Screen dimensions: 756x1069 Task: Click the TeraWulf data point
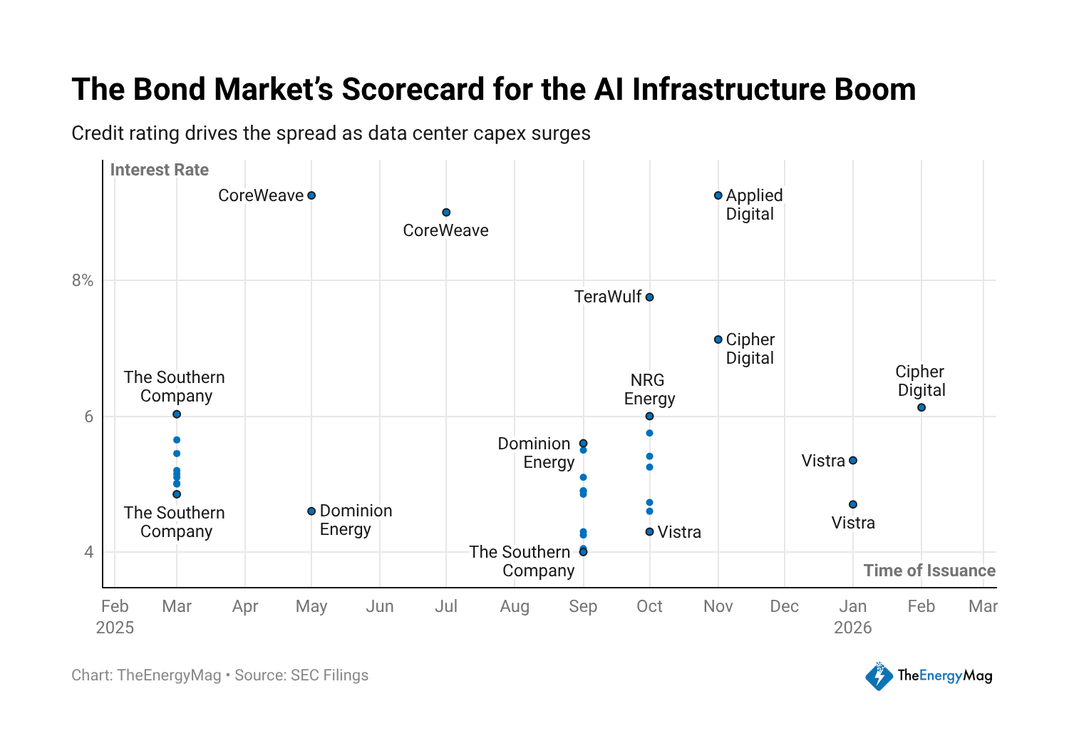coord(649,297)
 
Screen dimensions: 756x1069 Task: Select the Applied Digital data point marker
coord(718,195)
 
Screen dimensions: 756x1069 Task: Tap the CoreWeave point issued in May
coord(311,195)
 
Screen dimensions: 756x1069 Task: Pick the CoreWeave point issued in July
coord(446,213)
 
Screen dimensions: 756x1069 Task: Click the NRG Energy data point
coord(649,417)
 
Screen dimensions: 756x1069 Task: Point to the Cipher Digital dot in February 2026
coord(921,407)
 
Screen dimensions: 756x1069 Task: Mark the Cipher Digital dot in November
coord(718,339)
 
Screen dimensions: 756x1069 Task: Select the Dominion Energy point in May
coord(311,511)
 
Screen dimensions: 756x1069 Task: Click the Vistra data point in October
coord(649,532)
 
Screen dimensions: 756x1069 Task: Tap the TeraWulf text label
coord(607,297)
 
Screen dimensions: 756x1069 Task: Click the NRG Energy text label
coord(649,389)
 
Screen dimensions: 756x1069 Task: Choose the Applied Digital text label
coord(754,205)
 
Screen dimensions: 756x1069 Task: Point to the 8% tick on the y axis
coord(83,280)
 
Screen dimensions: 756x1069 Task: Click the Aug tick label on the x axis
coord(515,606)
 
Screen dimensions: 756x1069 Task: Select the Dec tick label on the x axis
coord(785,606)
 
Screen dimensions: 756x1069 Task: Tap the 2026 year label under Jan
coord(853,628)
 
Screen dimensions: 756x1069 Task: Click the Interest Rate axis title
coord(159,170)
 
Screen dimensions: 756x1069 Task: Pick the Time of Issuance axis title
coord(929,571)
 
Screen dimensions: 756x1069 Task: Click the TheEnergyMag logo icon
coord(879,676)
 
